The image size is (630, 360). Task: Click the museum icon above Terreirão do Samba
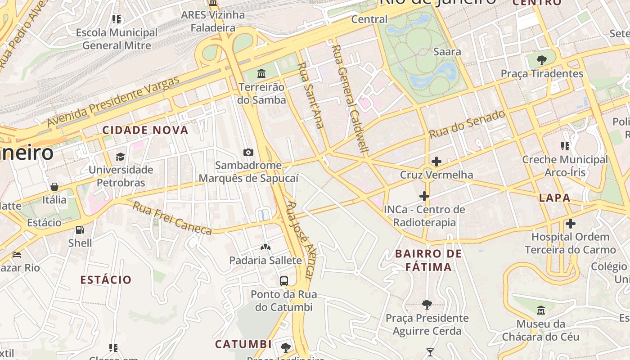point(261,73)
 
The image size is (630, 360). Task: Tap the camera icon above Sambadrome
point(248,152)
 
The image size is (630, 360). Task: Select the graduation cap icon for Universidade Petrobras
point(120,157)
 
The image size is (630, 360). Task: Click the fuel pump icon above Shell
point(80,230)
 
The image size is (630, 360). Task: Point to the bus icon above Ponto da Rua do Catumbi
point(283,281)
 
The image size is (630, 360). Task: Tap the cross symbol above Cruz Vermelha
point(436,162)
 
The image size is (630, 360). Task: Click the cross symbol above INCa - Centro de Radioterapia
point(424,196)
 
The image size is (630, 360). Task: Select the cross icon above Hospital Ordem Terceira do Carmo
point(570,224)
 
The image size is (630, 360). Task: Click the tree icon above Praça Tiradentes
point(541,60)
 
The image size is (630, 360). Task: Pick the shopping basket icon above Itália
point(54,186)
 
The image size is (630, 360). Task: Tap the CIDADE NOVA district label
point(145,130)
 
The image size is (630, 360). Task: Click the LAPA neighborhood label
point(554,198)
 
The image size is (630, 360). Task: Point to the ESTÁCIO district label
point(106,279)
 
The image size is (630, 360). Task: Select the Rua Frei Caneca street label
point(172,218)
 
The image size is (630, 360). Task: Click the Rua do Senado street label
point(467,124)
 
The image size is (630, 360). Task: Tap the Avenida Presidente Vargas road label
point(113,102)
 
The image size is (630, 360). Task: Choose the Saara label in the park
point(447,52)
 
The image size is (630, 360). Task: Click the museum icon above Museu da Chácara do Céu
point(540,310)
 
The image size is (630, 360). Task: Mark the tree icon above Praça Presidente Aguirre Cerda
point(427,305)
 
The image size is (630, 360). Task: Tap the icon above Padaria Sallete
point(265,247)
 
